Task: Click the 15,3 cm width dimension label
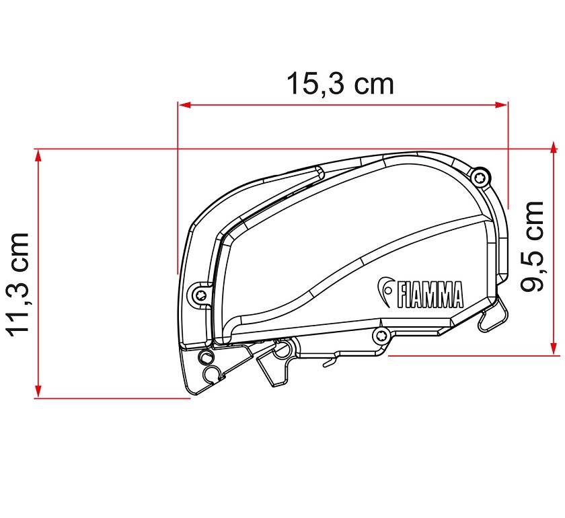[340, 83]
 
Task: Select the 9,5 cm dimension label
[531, 246]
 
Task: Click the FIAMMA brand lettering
[430, 295]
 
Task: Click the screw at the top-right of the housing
[480, 177]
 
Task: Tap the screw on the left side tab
[200, 294]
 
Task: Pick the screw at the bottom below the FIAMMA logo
[381, 336]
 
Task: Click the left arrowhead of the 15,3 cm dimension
[184, 105]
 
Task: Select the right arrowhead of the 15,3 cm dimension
[501, 105]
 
